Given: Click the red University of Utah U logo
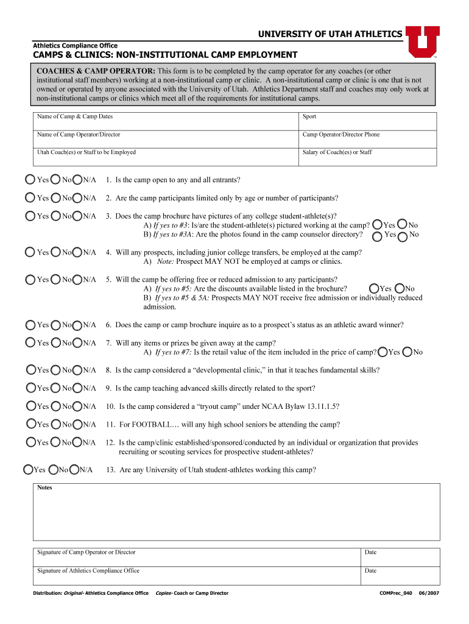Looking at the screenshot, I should pyautogui.click(x=422, y=41).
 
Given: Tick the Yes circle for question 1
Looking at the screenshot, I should pyautogui.click(x=30, y=180).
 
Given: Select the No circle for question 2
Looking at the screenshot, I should pyautogui.click(x=55, y=198).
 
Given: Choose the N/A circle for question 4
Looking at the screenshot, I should pyautogui.click(x=77, y=252).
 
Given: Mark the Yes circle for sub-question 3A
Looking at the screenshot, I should pyautogui.click(x=378, y=225).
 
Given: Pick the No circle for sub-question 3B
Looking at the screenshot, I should pyautogui.click(x=403, y=235).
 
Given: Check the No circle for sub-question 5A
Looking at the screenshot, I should pyautogui.click(x=400, y=289).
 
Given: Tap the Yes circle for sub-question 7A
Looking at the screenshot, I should pyautogui.click(x=383, y=352).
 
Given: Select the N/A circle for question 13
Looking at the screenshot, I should pyautogui.click(x=74, y=470).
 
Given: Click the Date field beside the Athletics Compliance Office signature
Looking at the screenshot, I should pyautogui.click(x=400, y=575).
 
